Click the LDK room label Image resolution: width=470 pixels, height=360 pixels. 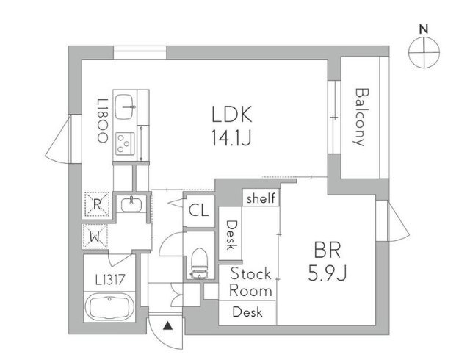point(232,115)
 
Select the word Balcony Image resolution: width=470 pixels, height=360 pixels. point(360,117)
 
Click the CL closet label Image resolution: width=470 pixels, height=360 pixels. point(198,211)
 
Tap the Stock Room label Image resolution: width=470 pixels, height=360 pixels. point(251,281)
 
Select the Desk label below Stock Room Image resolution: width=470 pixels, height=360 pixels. point(247,312)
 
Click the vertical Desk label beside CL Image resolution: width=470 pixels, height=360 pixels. point(231,235)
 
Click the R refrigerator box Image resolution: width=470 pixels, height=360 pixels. point(96,205)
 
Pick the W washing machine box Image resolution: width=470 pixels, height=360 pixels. point(96,236)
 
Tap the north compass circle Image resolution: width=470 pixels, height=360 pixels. point(424,51)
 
